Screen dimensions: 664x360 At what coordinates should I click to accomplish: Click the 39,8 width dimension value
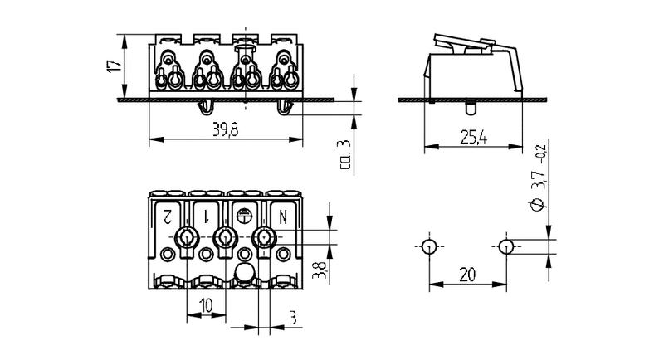pos(225,130)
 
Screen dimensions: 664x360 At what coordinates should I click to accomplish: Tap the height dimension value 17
pos(115,66)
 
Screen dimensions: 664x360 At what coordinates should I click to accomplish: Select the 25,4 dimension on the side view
pos(473,138)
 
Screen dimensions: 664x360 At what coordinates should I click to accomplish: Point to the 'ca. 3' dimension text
pos(345,155)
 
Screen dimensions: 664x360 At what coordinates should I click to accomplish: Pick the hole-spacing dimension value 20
pos(467,275)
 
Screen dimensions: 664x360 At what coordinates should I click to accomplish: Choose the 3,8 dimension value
pos(320,270)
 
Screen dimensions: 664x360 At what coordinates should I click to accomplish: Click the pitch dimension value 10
pos(206,305)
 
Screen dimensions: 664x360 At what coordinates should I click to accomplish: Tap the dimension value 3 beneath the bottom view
pos(293,318)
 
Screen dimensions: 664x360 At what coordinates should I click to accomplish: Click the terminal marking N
pos(283,217)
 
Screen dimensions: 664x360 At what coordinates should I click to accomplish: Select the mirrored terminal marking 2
pos(167,217)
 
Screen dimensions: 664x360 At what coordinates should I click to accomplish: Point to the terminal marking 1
pos(206,217)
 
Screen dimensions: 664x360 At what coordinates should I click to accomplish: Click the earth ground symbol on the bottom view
pos(244,216)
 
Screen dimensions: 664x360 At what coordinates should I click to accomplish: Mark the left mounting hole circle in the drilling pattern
pos(429,246)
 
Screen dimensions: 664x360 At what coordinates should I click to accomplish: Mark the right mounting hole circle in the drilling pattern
pos(506,246)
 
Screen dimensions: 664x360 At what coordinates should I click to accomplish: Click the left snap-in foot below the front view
pos(206,108)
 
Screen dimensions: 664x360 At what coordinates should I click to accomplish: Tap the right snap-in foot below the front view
pos(285,108)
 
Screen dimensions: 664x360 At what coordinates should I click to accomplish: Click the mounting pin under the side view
pos(471,108)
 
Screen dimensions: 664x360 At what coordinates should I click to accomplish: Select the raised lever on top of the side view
pos(464,43)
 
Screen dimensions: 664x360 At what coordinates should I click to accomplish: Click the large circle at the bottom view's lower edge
pos(245,271)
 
